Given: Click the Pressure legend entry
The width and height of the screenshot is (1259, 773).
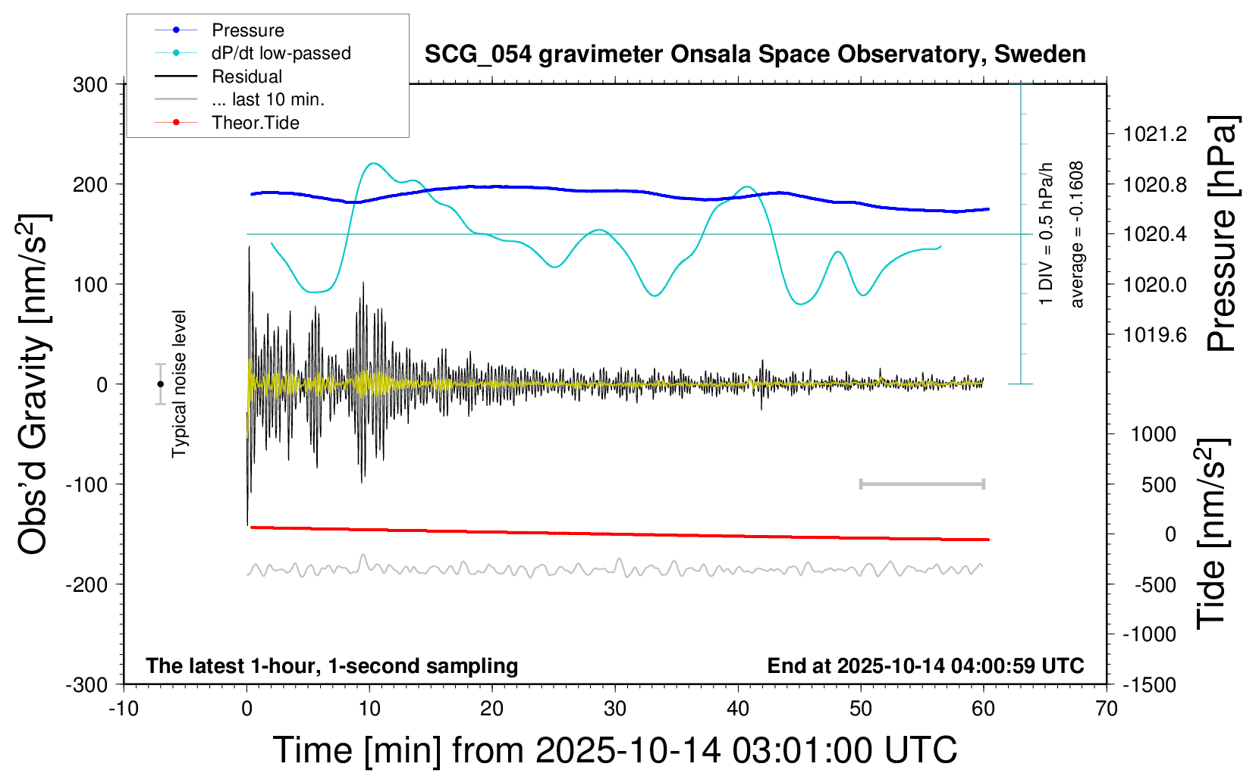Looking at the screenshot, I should coord(247,30).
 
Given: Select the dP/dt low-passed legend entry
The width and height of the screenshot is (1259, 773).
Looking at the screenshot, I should coord(281,53).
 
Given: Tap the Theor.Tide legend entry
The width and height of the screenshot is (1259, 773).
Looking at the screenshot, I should coord(255,123).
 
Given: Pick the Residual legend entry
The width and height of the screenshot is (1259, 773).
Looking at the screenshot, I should coord(246,77).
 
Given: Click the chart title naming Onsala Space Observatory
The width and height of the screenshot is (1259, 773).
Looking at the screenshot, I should coord(755,55).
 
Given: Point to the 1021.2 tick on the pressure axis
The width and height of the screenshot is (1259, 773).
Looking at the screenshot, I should coord(1154,134).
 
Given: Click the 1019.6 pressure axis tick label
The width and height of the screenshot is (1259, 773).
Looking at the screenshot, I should coord(1154,334).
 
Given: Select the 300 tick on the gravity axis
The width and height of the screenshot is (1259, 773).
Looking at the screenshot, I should coord(90,84).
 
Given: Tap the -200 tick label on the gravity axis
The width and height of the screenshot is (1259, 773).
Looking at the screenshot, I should coord(86,584).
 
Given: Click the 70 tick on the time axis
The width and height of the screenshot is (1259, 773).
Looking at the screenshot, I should coord(1107,709).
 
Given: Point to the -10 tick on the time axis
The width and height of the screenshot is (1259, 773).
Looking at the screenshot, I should coord(124,709).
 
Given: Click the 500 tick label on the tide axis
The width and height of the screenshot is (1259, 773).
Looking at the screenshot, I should coord(1158,484).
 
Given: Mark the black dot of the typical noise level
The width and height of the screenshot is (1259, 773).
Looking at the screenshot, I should coord(160,384).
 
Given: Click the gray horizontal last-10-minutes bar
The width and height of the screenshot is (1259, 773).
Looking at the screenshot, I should coord(921,484).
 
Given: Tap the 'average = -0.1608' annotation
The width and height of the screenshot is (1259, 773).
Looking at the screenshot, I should coord(1077,234).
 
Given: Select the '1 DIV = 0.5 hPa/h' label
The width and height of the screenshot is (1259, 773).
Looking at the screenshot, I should coord(1047,234).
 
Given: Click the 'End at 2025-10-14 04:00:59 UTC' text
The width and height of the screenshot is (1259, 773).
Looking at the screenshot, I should coord(925,665).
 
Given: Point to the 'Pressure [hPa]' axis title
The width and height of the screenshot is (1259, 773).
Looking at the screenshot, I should coord(1222,234).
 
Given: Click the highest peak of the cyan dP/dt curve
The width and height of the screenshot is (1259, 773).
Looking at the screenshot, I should coord(372,163).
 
